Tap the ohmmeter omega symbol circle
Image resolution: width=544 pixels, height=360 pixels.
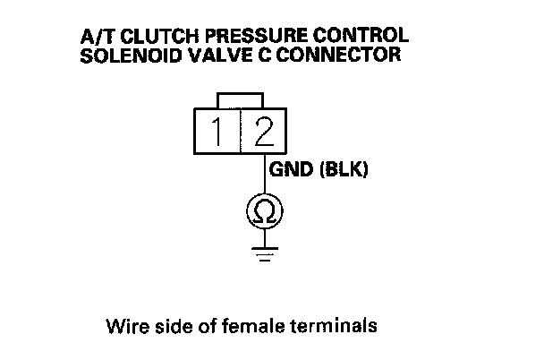(264, 211)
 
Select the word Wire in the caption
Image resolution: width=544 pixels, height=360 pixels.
(123, 324)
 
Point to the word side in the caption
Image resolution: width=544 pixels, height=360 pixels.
(166, 324)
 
